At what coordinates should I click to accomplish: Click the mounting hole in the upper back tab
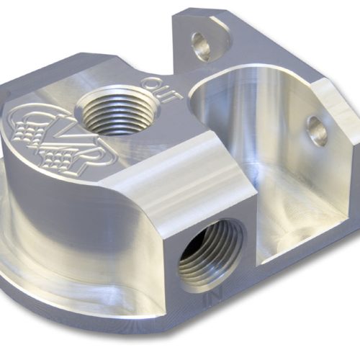[202, 46]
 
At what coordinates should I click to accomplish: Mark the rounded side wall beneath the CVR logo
[72, 216]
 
